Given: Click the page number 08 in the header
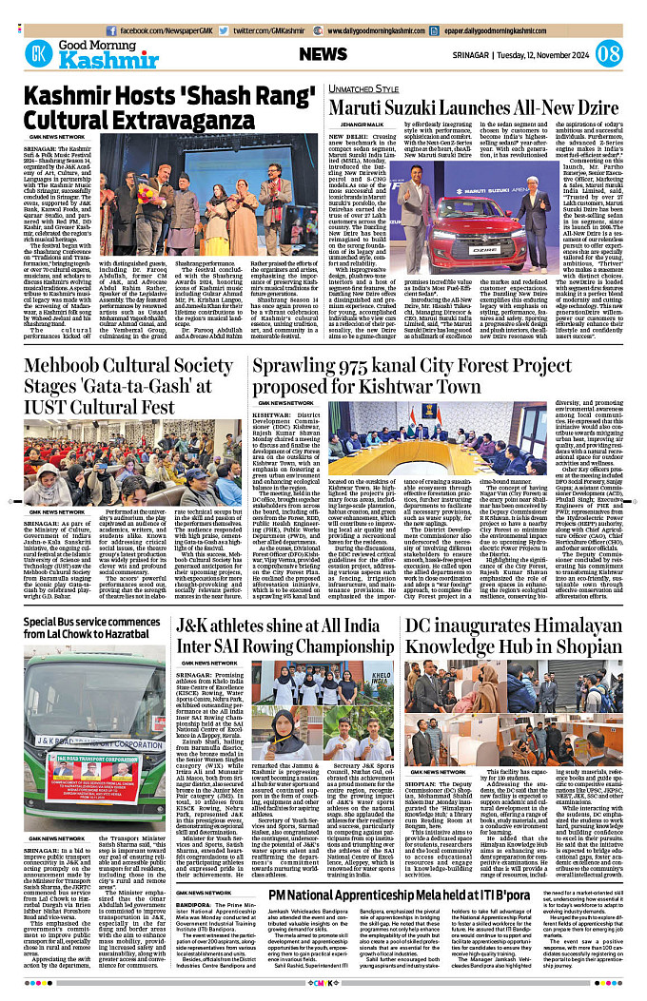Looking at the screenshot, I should coord(609,53).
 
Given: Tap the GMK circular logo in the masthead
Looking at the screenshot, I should coord(38,53).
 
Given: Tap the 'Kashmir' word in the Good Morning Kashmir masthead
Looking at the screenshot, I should coord(99,61).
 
